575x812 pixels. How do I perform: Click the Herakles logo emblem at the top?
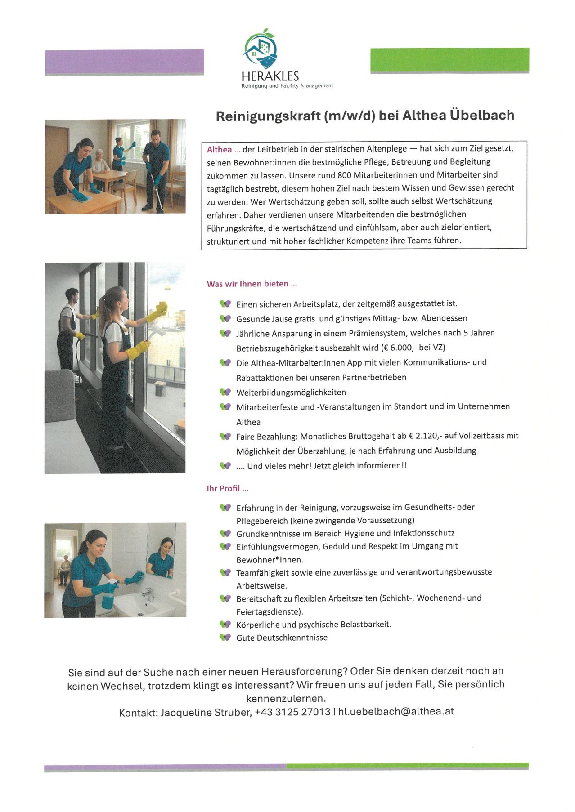261,49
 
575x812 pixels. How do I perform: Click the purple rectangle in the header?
124,62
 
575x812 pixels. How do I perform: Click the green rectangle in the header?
449,60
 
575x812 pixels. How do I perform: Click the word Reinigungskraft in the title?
268,116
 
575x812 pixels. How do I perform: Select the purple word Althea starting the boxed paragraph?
220,150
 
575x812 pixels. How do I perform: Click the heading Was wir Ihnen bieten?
252,284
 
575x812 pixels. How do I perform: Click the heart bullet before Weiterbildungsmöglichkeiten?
225,392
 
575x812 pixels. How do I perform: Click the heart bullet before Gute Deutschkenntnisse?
225,637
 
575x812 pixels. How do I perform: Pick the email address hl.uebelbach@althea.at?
396,711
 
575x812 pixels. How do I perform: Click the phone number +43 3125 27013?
292,712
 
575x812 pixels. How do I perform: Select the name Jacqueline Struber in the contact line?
206,713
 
